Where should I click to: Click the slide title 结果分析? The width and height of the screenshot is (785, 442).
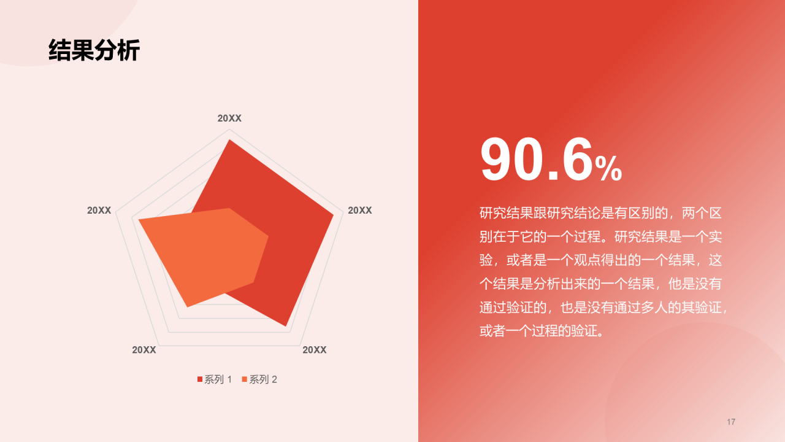point(94,50)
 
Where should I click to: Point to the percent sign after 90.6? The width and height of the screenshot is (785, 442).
point(608,169)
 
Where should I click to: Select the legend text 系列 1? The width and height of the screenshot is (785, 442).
point(218,379)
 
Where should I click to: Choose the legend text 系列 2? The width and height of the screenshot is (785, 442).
point(263,379)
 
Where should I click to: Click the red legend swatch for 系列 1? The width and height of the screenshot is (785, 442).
point(200,379)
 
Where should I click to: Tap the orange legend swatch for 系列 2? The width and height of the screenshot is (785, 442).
point(245,379)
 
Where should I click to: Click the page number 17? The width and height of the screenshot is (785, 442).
point(730,422)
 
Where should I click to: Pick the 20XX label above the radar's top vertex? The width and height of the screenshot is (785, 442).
point(229,118)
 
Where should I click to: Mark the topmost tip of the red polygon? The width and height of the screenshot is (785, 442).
point(229,141)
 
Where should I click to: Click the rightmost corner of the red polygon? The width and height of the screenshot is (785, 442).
point(333,215)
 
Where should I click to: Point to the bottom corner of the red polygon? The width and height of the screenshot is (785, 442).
point(285,325)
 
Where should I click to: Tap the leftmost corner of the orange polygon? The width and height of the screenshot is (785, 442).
point(139,220)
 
